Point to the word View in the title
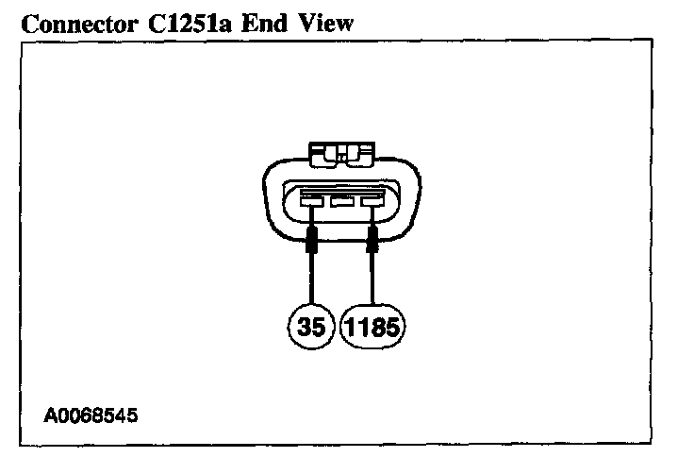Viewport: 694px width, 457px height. tap(318, 23)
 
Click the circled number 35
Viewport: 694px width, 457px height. tap(310, 328)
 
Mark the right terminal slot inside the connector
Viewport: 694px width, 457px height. tap(373, 200)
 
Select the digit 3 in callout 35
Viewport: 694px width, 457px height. tap(303, 328)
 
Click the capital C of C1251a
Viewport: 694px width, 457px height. tap(132, 23)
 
